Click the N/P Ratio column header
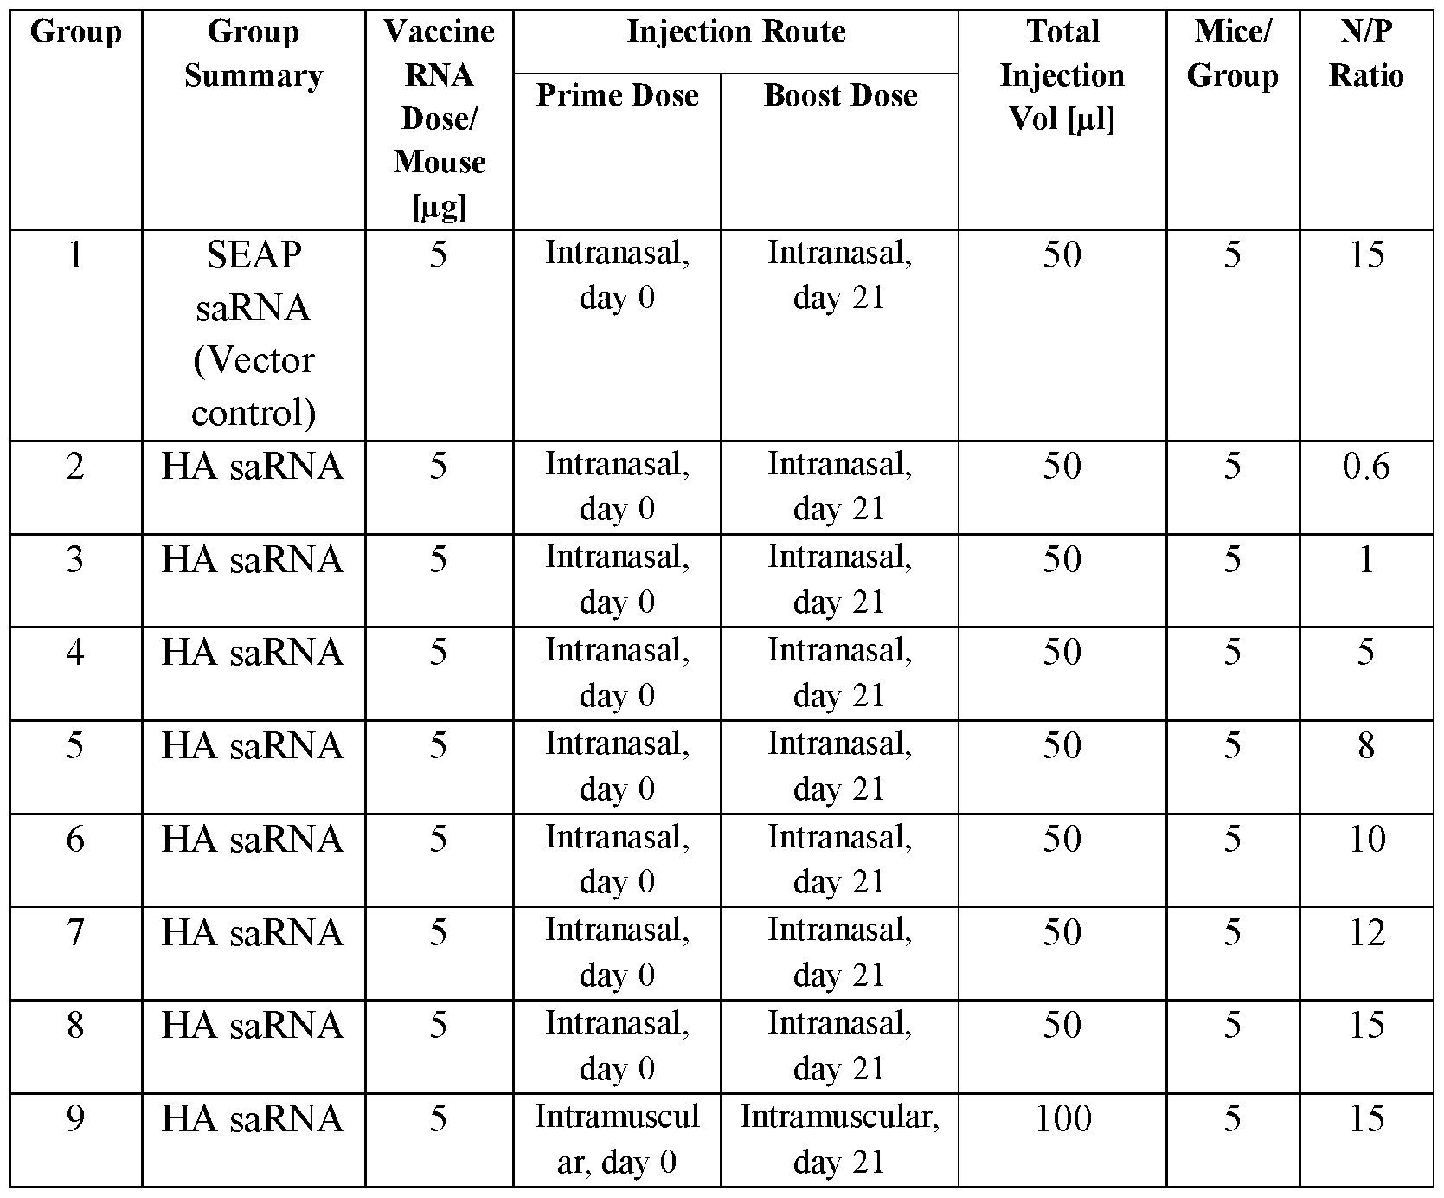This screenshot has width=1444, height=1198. pyautogui.click(x=1366, y=54)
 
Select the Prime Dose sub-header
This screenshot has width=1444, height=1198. pyautogui.click(x=617, y=95)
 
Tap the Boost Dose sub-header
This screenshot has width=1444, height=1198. pyautogui.click(x=840, y=95)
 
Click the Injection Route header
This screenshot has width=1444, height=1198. pyautogui.click(x=735, y=32)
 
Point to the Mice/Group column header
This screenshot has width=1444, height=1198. pyautogui.click(x=1232, y=54)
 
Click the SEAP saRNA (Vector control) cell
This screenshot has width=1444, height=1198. pyautogui.click(x=253, y=333)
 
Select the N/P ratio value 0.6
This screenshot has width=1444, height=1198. pyautogui.click(x=1366, y=467)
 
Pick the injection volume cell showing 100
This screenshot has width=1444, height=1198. pyautogui.click(x=1062, y=1118)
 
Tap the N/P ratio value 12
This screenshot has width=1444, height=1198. pyautogui.click(x=1366, y=932)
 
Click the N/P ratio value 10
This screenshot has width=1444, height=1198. pyautogui.click(x=1366, y=839)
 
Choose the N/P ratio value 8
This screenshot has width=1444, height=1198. pyautogui.click(x=1366, y=745)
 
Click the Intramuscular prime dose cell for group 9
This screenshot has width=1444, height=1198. pyautogui.click(x=617, y=1139)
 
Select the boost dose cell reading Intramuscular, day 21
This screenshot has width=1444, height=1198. pyautogui.click(x=839, y=1139)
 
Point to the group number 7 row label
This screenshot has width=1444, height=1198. pyautogui.click(x=75, y=932)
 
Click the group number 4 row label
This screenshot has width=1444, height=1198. pyautogui.click(x=75, y=652)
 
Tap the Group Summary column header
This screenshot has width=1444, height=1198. pyautogui.click(x=253, y=54)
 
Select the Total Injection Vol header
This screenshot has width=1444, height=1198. pyautogui.click(x=1062, y=75)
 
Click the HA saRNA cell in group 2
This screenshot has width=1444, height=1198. pyautogui.click(x=253, y=467)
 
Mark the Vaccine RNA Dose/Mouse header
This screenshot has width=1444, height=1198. pyautogui.click(x=440, y=119)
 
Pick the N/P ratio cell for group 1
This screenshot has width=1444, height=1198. pyautogui.click(x=1366, y=254)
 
